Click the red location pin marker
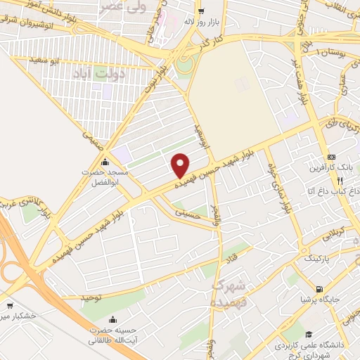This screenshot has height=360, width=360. pyautogui.click(x=180, y=165)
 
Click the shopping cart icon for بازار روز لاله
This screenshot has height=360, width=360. pyautogui.click(x=201, y=11)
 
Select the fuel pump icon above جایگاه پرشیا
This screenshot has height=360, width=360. pyautogui.click(x=321, y=289)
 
